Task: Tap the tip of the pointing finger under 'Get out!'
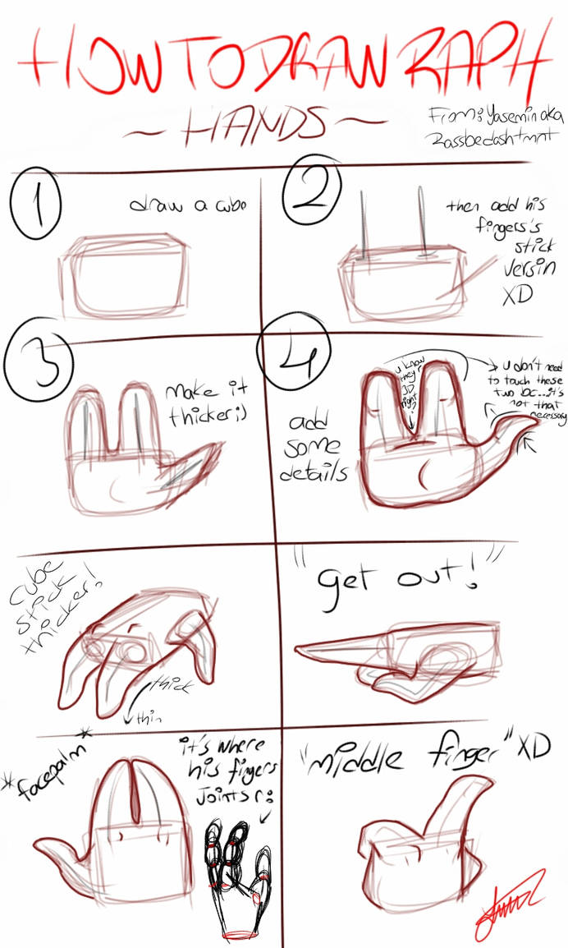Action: pyautogui.click(x=300, y=651)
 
